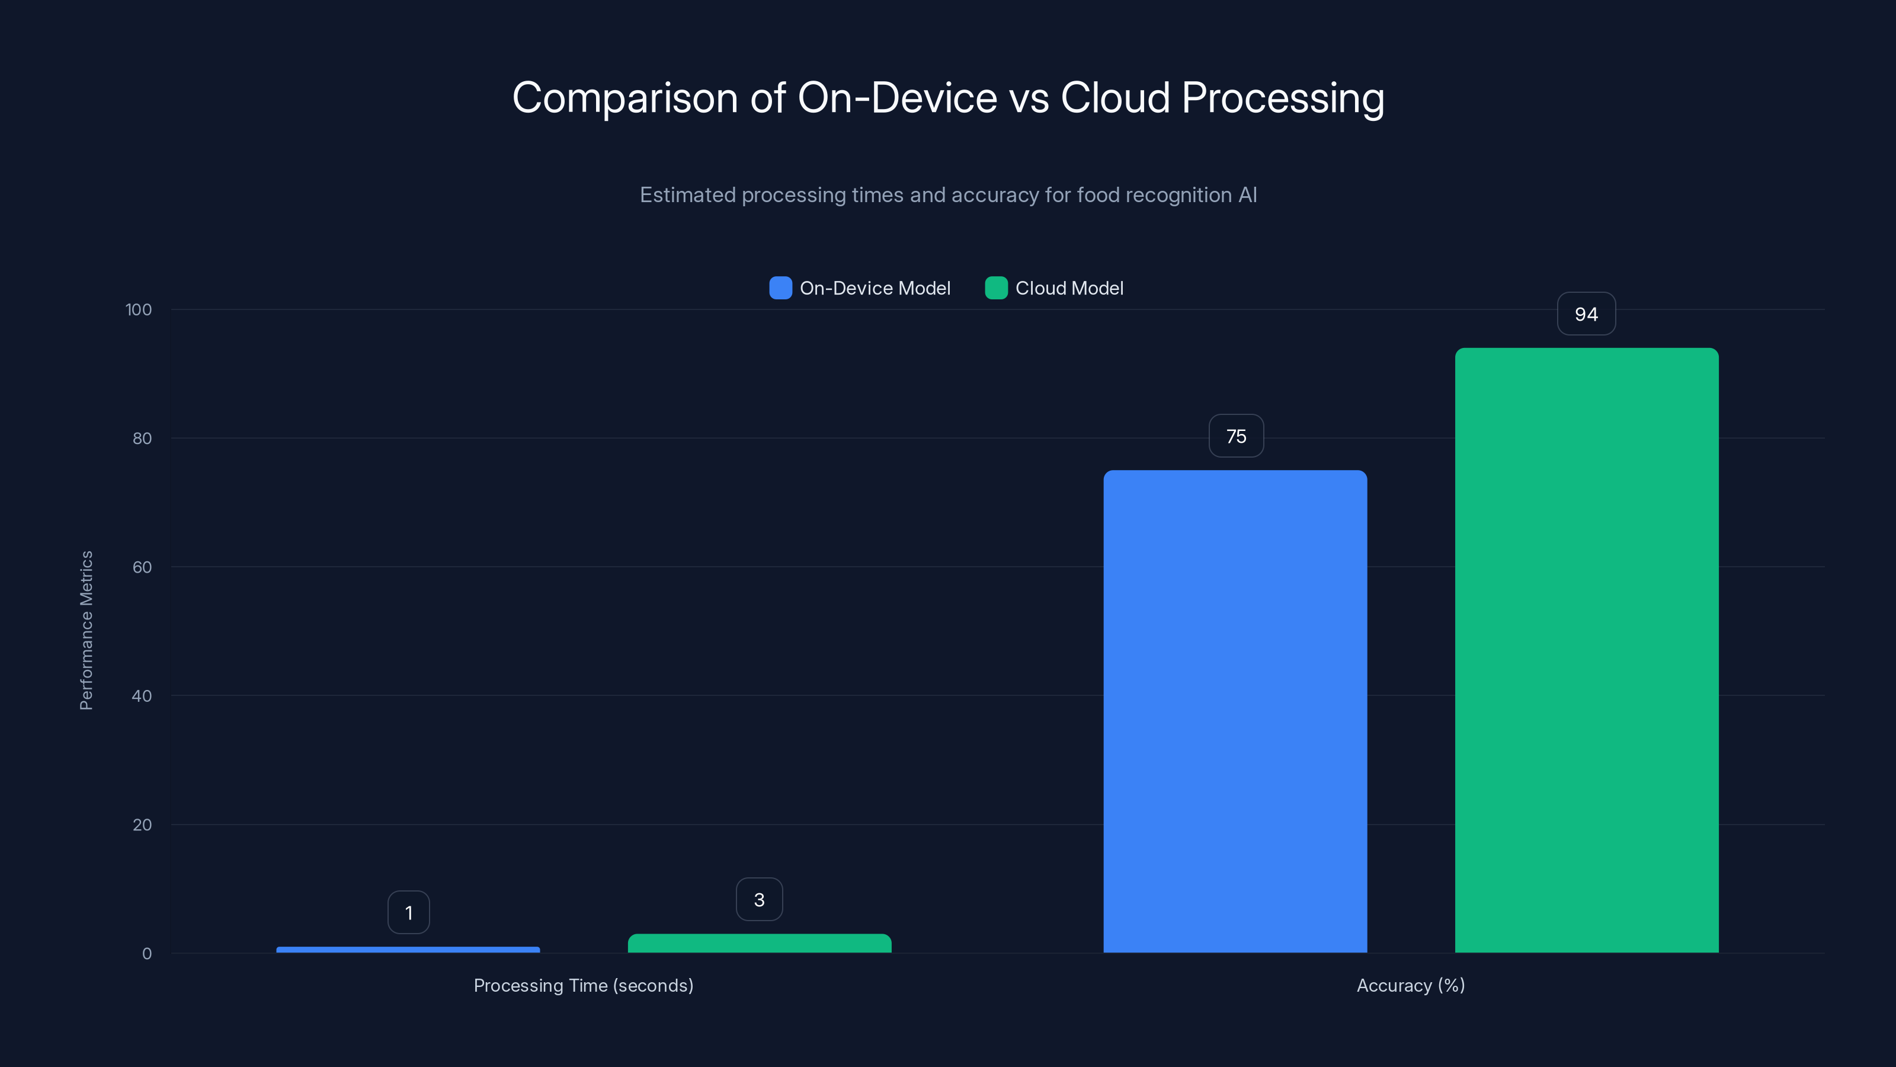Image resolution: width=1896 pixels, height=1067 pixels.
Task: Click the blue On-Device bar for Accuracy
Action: pyautogui.click(x=1235, y=711)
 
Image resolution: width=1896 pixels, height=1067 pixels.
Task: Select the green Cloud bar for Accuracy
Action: pyautogui.click(x=1586, y=650)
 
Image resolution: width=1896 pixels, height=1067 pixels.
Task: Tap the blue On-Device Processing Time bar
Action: pyautogui.click(x=408, y=949)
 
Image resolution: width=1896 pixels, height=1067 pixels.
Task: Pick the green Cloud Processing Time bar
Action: pyautogui.click(x=759, y=943)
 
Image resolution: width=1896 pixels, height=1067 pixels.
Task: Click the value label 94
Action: pyautogui.click(x=1586, y=314)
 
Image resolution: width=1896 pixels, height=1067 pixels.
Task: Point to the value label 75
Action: pyautogui.click(x=1236, y=437)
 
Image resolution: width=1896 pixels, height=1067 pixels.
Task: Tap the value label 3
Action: pyautogui.click(x=759, y=900)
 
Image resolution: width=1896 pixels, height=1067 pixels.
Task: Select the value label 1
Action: pyautogui.click(x=408, y=913)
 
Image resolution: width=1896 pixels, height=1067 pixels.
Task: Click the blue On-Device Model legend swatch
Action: pyautogui.click(x=780, y=288)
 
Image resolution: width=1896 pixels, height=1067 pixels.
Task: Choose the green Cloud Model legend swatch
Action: pyautogui.click(x=996, y=288)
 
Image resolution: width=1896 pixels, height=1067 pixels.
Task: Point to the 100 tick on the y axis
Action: pyautogui.click(x=139, y=310)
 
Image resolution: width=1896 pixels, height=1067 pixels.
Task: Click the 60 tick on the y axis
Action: pyautogui.click(x=142, y=567)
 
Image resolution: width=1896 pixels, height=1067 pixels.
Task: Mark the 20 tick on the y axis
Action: pyautogui.click(x=142, y=825)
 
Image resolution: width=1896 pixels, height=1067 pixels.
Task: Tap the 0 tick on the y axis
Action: pyautogui.click(x=146, y=954)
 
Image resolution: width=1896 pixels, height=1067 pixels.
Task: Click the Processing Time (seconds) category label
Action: pyautogui.click(x=583, y=985)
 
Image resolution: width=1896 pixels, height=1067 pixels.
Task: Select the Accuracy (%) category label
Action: pyautogui.click(x=1410, y=985)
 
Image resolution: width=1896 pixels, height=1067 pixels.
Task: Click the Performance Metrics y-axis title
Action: pyautogui.click(x=86, y=630)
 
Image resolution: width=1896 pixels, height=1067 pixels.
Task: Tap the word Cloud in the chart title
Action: pyautogui.click(x=1114, y=98)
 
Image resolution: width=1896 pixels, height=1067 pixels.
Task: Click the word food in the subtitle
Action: pyautogui.click(x=1098, y=195)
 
